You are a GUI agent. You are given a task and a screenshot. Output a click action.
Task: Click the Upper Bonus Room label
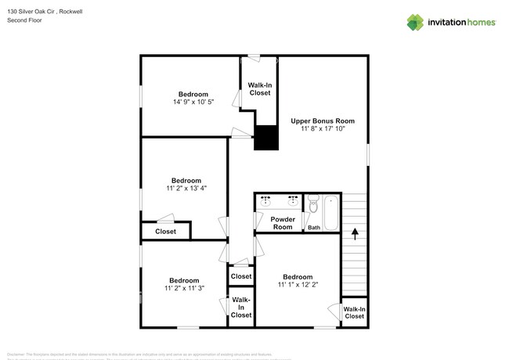pos(323,121)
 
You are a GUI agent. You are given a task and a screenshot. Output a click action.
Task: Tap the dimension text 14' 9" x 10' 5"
pos(193,102)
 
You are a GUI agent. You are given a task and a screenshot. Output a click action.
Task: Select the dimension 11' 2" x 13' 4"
pos(186,189)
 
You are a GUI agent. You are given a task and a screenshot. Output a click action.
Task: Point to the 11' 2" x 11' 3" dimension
pos(186,289)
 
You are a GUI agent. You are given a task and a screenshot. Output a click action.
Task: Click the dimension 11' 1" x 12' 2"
pos(297,285)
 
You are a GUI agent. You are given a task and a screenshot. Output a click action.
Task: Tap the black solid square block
pos(267,138)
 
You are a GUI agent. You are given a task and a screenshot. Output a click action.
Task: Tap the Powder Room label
pos(282,223)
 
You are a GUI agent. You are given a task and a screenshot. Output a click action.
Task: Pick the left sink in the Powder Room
pos(265,200)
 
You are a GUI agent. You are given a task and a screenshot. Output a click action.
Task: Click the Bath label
pos(313,228)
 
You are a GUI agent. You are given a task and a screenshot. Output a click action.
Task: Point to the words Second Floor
pos(25,20)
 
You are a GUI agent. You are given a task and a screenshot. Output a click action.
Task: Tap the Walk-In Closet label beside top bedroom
pos(259,88)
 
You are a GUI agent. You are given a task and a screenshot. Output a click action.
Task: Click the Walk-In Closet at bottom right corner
pos(354,312)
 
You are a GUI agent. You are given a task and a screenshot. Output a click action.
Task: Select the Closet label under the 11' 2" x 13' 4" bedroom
pos(165,232)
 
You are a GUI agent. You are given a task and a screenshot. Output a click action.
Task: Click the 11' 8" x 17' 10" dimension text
pos(323,130)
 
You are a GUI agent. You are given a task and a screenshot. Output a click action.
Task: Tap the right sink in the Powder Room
pos(293,200)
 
